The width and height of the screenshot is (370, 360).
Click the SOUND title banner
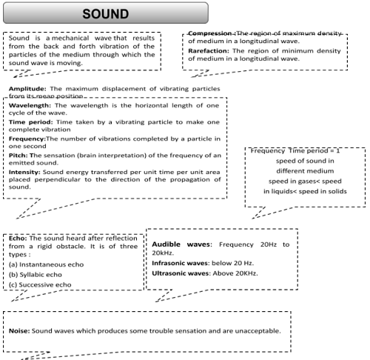tap(105, 14)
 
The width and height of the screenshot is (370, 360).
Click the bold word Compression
tap(210, 34)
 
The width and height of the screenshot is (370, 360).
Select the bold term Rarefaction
tap(209, 50)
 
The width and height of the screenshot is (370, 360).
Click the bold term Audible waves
tap(182, 243)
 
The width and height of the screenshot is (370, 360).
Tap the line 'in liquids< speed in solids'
tap(305, 191)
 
